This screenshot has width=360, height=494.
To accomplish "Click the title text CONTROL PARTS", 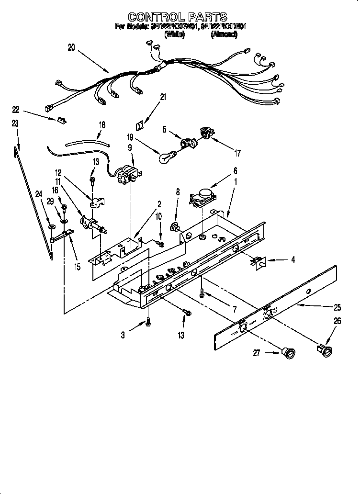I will tap(178, 18).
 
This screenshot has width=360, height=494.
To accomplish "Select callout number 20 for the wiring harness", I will tap(71, 47).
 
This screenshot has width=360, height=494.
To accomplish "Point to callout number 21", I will tap(163, 98).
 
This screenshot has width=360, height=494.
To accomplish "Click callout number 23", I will tap(15, 123).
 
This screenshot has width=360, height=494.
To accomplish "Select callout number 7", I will tap(234, 310).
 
